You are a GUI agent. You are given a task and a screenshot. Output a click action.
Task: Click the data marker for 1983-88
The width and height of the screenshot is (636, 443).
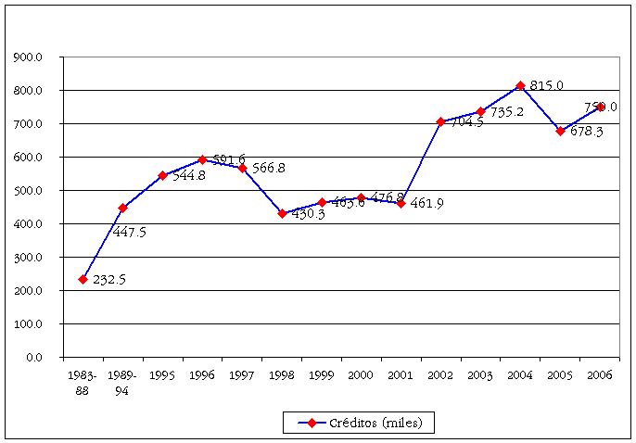[83, 279]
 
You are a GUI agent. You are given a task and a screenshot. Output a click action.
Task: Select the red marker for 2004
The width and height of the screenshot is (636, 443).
[520, 85]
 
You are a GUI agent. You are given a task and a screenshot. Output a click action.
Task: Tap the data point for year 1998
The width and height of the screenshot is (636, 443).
[282, 213]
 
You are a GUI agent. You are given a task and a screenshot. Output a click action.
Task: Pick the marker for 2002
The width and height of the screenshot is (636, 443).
[440, 121]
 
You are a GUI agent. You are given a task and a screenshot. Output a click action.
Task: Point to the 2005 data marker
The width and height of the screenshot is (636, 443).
[560, 131]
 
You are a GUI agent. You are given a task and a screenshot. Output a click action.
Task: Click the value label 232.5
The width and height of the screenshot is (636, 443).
[110, 280]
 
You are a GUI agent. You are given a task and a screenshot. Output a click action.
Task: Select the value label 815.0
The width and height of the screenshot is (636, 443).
[547, 86]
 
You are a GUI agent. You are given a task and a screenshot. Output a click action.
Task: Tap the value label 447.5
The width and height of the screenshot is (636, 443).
[129, 232]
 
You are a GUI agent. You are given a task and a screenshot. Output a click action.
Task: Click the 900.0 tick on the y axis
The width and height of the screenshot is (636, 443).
[30, 57]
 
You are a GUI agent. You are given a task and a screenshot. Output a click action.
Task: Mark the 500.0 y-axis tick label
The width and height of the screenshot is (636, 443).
[30, 191]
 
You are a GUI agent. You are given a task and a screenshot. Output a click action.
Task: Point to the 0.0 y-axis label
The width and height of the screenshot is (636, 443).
[33, 357]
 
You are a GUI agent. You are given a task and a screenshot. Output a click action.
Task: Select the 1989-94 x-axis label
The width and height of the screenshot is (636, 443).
[122, 384]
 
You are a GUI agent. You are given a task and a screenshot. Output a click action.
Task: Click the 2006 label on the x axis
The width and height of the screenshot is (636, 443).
[600, 376]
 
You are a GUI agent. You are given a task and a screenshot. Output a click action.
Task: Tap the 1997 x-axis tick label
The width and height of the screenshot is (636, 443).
[242, 376]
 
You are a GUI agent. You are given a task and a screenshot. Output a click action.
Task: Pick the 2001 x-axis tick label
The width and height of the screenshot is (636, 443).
[401, 376]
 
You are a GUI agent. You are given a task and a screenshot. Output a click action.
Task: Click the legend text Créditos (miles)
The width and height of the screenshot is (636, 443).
[375, 423]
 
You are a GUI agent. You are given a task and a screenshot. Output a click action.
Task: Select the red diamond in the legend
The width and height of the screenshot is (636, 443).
[312, 423]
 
